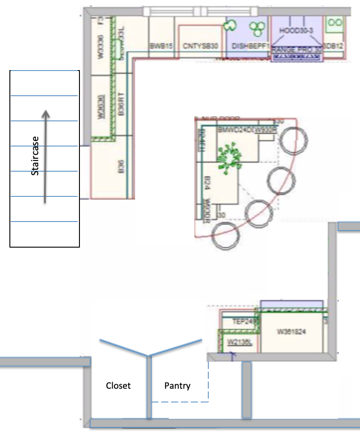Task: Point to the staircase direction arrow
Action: tap(45, 157)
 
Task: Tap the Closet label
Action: tap(118, 386)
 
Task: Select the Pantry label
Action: tap(177, 386)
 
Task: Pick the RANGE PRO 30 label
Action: tap(297, 49)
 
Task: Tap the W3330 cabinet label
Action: tap(101, 47)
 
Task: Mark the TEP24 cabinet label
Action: tap(242, 322)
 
